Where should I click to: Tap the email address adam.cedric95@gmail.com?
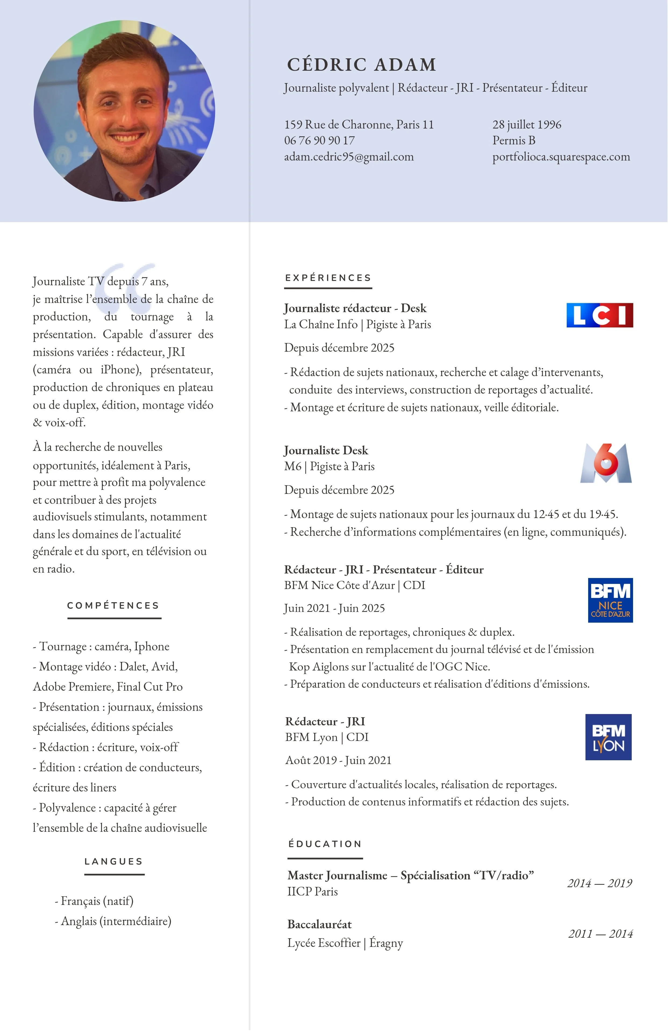tap(349, 157)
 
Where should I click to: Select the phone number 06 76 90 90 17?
tap(319, 141)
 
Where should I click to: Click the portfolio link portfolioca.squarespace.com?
tap(561, 157)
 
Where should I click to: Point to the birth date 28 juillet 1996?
tap(527, 125)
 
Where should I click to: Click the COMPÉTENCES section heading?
tap(113, 606)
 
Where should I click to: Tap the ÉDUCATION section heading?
tap(325, 844)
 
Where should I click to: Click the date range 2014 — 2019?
tap(599, 883)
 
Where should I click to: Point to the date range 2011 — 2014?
tap(601, 934)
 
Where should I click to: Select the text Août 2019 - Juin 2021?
tap(338, 760)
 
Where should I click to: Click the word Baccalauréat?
tap(320, 925)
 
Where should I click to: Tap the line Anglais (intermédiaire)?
tap(113, 921)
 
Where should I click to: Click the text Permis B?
tap(514, 141)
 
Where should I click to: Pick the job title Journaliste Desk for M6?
tap(326, 451)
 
